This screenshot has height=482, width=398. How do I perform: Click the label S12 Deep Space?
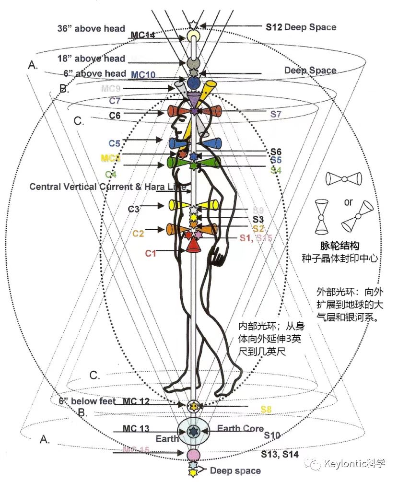pyautogui.click(x=301, y=27)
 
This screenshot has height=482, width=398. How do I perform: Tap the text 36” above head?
pyautogui.click(x=90, y=29)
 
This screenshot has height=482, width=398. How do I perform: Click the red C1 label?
pyautogui.click(x=151, y=253)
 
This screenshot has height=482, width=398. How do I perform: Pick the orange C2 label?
pyautogui.click(x=138, y=234)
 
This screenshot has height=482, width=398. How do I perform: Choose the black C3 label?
pyautogui.click(x=134, y=209)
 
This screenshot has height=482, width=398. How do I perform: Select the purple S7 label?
pyautogui.click(x=276, y=114)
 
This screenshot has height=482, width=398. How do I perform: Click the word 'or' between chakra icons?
pyautogui.click(x=348, y=202)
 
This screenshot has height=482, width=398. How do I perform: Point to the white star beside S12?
pyautogui.click(x=193, y=24)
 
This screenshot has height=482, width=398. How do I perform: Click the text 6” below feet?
pyautogui.click(x=87, y=401)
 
